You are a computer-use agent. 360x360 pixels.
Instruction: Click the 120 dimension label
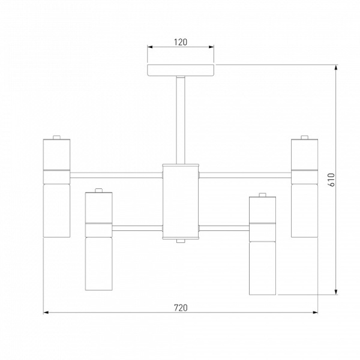tap(181, 42)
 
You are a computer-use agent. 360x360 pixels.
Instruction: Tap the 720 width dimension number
tap(181, 308)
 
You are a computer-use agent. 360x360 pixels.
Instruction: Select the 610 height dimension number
tap(332, 179)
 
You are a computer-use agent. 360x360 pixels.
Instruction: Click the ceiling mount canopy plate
tap(181, 70)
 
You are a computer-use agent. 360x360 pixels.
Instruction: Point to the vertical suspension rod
tap(181, 121)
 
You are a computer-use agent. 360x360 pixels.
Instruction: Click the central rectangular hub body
tap(181, 202)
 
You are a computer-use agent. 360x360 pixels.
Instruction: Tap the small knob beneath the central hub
tap(181, 241)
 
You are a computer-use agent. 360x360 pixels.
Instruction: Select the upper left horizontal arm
tap(116, 175)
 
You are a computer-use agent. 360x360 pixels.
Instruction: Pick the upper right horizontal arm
tap(245, 175)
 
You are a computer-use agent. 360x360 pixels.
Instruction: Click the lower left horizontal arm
tap(137, 228)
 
